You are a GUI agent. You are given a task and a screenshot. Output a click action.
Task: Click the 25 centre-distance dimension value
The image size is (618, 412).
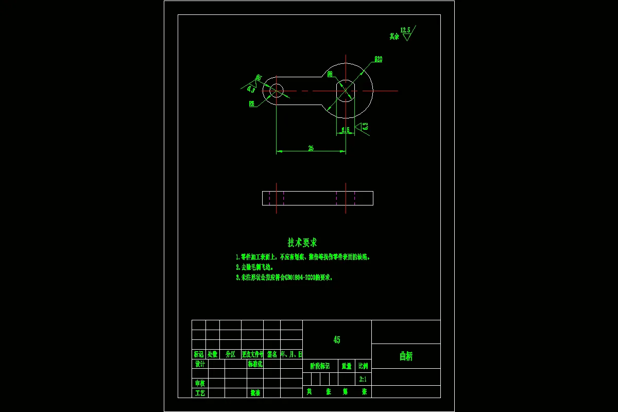pos(311,148)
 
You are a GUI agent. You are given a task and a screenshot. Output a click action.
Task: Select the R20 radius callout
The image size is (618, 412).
pos(378,59)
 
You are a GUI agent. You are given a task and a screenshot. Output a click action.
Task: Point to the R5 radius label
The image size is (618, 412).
pos(252,104)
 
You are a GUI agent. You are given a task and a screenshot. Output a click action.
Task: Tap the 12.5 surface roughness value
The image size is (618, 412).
pos(405,30)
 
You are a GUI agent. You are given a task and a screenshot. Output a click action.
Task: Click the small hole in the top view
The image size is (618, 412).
pos(276,90)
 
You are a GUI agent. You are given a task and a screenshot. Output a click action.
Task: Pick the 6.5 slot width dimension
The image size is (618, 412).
pos(346,130)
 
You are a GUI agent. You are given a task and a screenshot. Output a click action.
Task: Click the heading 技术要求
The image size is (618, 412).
pos(302,243)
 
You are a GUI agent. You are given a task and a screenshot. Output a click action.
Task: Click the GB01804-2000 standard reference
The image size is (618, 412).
pos(296,278)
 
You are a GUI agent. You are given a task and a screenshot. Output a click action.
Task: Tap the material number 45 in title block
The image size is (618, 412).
pos(336,340)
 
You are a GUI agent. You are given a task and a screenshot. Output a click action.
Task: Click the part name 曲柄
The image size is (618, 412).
pos(406,356)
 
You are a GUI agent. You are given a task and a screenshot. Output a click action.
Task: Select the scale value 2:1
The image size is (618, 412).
pos(363,379)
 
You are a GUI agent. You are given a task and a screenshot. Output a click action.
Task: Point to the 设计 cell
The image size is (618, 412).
pos(200,364)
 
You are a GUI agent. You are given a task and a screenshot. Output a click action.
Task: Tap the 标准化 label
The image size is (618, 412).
pos(255,364)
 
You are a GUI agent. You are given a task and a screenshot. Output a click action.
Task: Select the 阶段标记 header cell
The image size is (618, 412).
pos(320,366)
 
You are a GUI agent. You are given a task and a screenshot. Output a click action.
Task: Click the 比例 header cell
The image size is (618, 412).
pos(363,366)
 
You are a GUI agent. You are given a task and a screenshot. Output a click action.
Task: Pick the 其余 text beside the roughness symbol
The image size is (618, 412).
pos(394,37)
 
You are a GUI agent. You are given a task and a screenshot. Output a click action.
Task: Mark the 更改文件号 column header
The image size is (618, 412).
pos(252,354)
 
